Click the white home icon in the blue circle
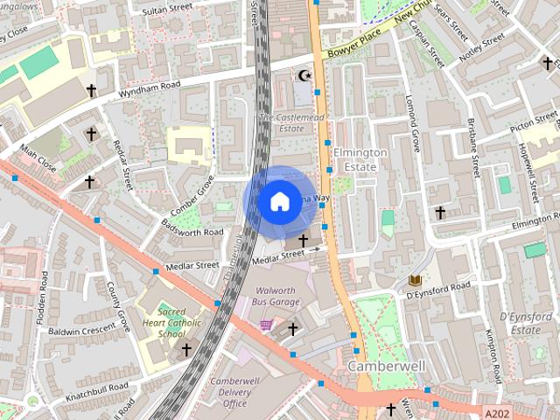pos(278,201)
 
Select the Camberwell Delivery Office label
pos(235,392)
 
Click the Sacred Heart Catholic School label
pos(171,323)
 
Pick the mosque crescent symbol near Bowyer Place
pos(304,76)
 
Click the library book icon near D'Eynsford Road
pos(414,280)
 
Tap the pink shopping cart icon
pos(265,325)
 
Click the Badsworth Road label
pos(192,231)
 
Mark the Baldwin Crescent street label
pos(82,331)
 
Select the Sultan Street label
pos(167,8)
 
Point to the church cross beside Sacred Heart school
pos(185,349)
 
